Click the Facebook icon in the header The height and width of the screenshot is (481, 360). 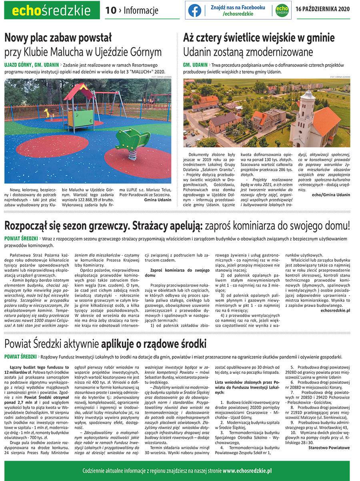195,10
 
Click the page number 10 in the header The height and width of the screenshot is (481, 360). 110,10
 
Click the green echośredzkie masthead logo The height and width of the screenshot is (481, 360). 52,10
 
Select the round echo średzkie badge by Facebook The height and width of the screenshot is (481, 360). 282,10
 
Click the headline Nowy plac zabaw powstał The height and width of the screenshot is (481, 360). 58,38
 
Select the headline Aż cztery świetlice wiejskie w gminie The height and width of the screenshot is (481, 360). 259,38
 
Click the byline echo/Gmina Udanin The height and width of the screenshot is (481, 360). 330,194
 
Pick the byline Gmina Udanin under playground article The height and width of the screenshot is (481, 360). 158,199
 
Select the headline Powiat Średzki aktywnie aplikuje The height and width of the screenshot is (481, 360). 105,343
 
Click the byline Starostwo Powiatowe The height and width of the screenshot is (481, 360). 329,447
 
